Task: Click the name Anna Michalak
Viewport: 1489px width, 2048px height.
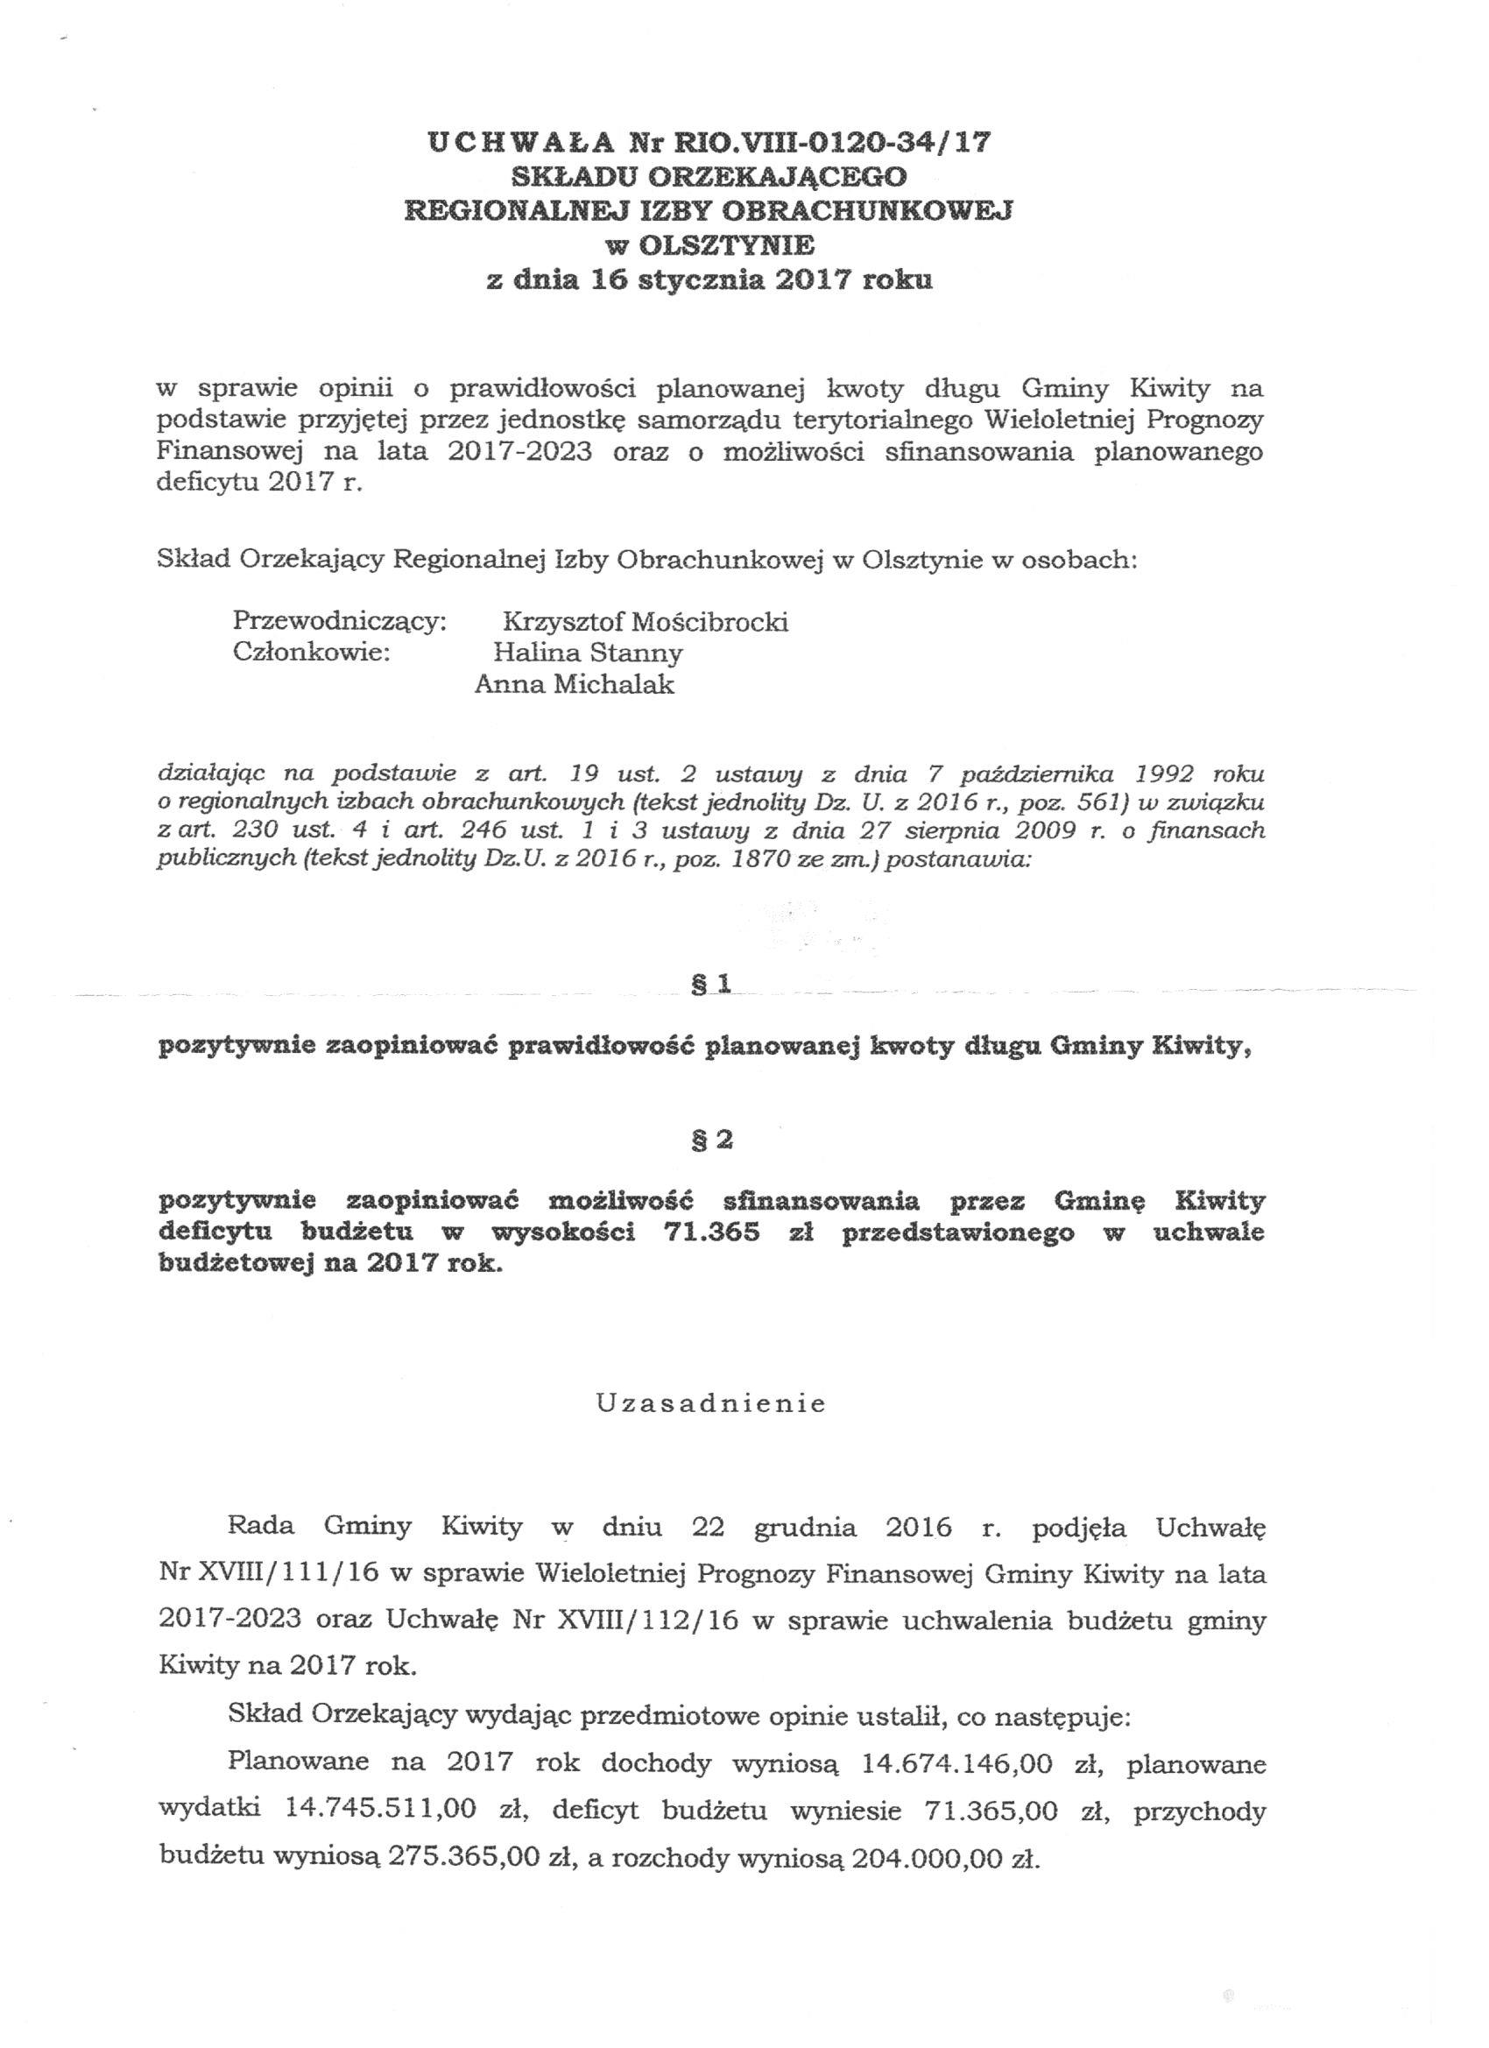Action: [575, 683]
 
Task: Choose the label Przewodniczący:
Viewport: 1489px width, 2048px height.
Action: [340, 621]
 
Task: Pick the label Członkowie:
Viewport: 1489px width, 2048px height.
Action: [311, 652]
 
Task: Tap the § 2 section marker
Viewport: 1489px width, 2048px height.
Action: [710, 1141]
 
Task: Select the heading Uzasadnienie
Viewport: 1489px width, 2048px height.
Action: [710, 1404]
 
